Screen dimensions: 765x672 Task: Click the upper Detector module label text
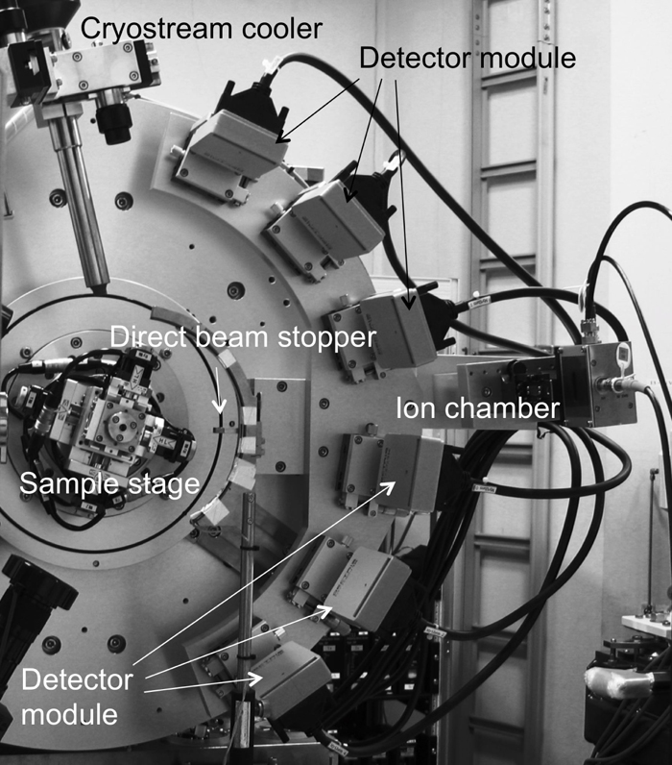[468, 58]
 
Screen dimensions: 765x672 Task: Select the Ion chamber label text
[478, 409]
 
